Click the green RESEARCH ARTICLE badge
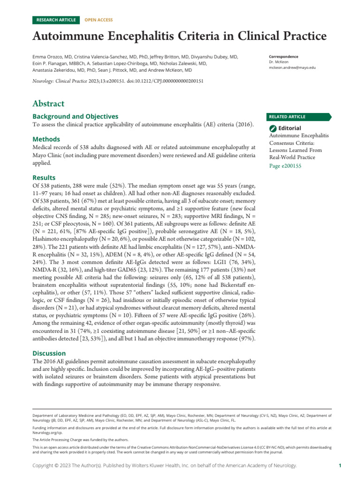click(56, 20)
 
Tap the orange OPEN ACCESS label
click(98, 20)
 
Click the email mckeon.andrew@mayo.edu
click(292, 68)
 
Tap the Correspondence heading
click(284, 57)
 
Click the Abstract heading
click(48, 104)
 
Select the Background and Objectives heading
click(75, 116)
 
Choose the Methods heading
click(46, 139)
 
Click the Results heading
click(44, 178)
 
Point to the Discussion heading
click(49, 353)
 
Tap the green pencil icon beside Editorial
click(273, 128)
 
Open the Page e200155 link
click(285, 165)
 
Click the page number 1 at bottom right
click(340, 465)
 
